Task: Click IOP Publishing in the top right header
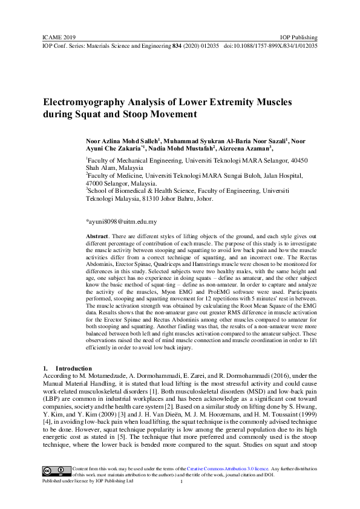[299, 37]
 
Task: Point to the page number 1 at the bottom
[182, 482]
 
